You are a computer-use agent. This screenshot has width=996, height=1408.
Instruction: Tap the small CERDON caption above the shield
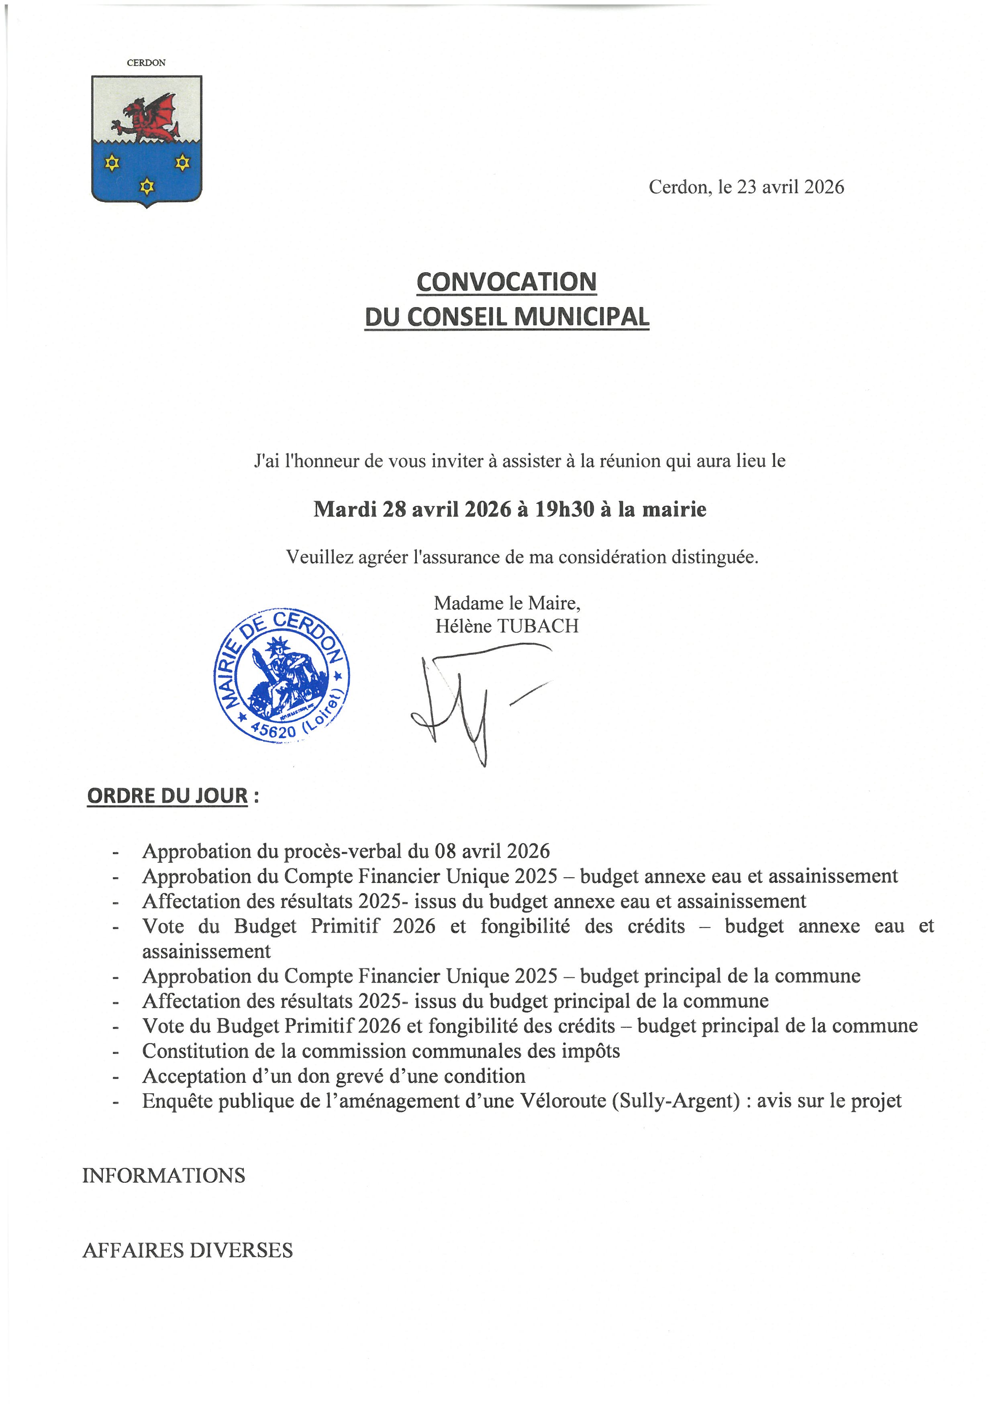click(x=146, y=63)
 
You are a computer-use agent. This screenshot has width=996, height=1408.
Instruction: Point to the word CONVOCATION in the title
click(x=506, y=282)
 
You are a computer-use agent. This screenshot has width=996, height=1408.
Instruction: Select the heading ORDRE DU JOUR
click(x=167, y=796)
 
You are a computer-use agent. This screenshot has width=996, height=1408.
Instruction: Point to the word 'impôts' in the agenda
click(x=590, y=1051)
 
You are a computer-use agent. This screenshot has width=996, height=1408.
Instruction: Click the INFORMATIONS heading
click(x=164, y=1176)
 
